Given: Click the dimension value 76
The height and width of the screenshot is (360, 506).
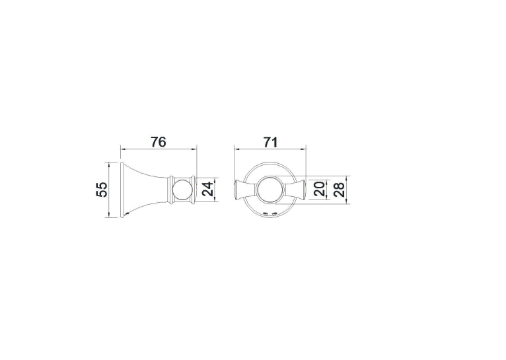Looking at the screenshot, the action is click(159, 142).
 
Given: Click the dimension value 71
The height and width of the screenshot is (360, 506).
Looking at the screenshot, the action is click(270, 142).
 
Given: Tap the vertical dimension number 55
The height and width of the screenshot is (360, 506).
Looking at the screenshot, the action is click(101, 190).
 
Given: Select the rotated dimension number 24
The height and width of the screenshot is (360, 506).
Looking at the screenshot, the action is click(208, 190).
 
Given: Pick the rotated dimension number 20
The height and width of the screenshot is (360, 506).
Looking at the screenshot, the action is click(319, 189).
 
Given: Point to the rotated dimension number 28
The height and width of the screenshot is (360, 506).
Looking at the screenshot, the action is click(339, 190).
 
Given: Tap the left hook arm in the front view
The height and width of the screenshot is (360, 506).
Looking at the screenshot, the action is click(246, 190).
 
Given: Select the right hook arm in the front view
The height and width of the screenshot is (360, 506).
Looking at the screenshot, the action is click(295, 190).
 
